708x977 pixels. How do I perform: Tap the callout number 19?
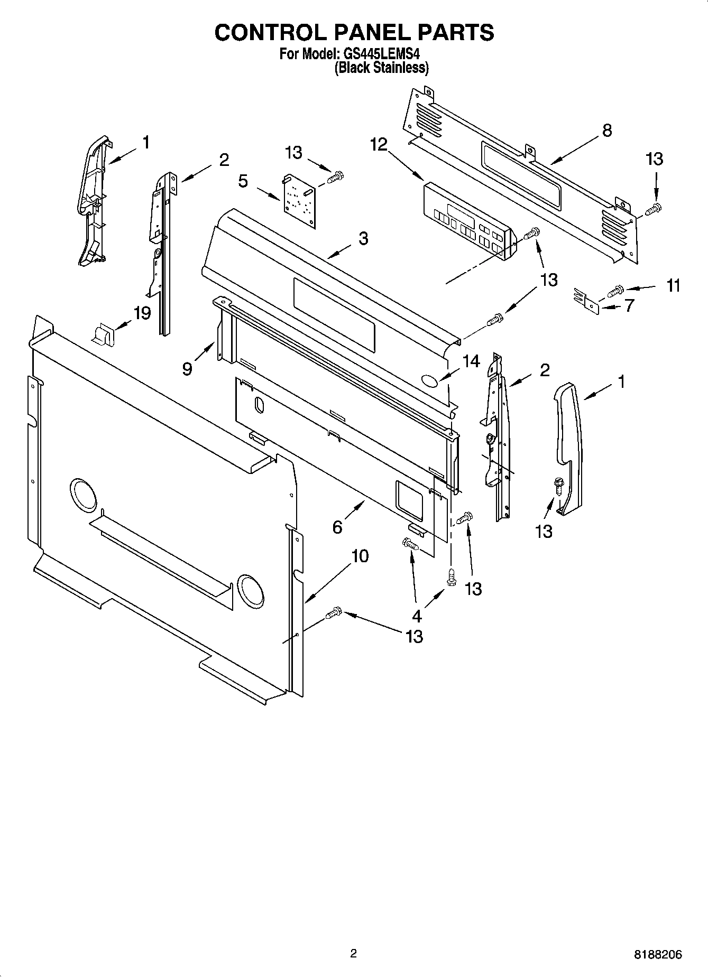coord(142,313)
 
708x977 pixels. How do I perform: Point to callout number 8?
coord(606,130)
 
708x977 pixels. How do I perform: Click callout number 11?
coord(673,286)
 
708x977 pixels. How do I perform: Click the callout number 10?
coord(360,556)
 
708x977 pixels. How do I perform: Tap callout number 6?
coord(337,527)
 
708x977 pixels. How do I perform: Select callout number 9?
coord(187,368)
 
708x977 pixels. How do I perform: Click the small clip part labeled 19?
coord(103,334)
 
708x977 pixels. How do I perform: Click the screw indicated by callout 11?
coord(617,290)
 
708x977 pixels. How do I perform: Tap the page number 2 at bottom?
coord(354,953)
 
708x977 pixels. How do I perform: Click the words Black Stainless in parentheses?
coord(381,68)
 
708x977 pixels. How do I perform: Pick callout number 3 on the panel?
coord(363,238)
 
